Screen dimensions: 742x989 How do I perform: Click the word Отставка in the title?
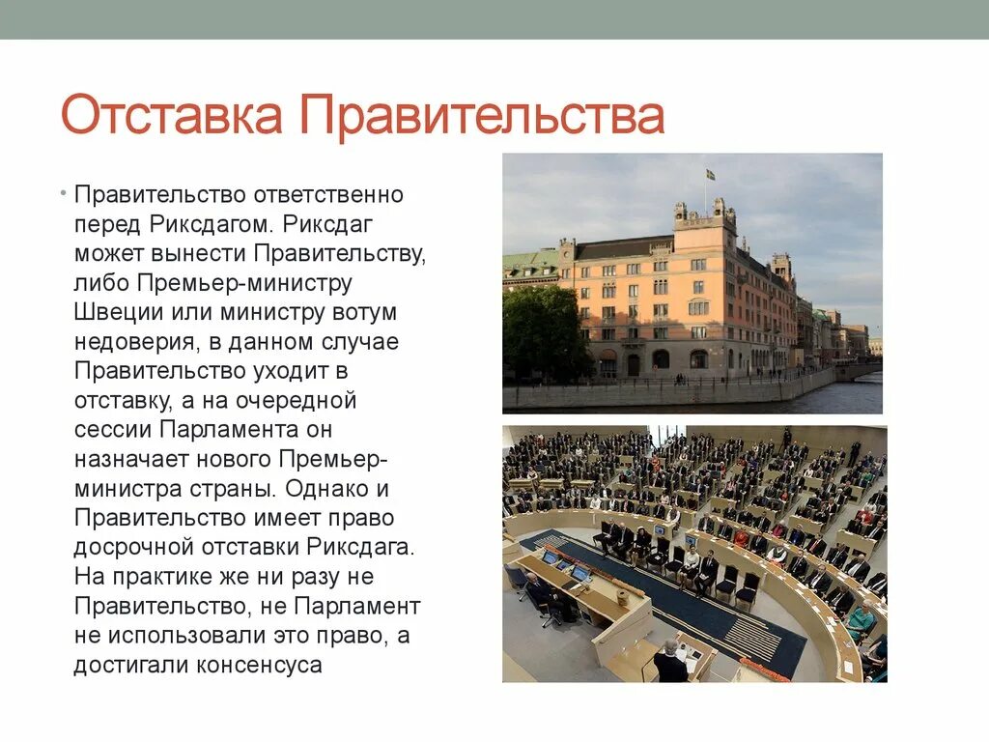[x=173, y=116]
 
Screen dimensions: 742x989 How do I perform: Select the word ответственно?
[x=328, y=194]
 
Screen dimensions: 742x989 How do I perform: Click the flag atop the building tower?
[x=709, y=175]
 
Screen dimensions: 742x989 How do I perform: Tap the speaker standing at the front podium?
[x=669, y=662]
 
